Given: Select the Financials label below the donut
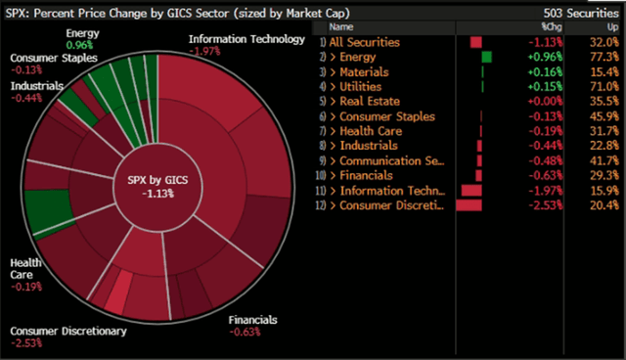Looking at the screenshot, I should [252, 320].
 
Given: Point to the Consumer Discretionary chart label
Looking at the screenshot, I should [68, 332].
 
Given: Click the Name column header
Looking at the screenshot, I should [342, 27].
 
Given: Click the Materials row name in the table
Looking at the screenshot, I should [364, 72].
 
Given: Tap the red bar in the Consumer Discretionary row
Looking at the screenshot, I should [469, 205].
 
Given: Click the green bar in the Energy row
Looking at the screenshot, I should [487, 58].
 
